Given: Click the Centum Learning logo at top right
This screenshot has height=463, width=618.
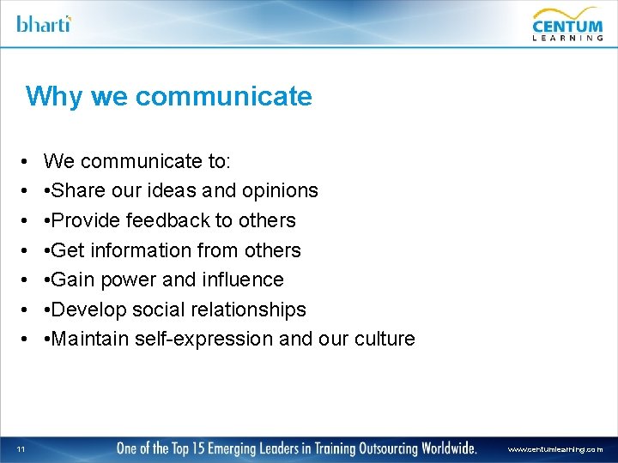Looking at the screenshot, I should tap(567, 24).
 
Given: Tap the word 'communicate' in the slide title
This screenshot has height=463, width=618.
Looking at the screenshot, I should tap(223, 96).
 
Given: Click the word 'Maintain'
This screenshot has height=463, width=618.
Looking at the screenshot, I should tap(89, 339).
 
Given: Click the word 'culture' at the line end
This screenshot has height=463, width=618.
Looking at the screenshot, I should tap(384, 339).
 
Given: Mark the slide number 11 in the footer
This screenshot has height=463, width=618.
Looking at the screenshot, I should tap(21, 448).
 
